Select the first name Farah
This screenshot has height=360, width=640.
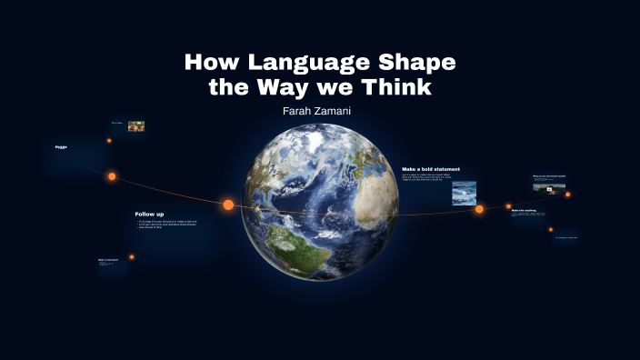[x=299, y=110]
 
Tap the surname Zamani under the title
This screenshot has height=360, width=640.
[x=335, y=110]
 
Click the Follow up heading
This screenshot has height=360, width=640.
[x=149, y=215]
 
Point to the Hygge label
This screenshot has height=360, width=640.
[x=61, y=146]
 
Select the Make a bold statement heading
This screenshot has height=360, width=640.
[x=431, y=169]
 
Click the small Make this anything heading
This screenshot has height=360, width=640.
[x=524, y=210]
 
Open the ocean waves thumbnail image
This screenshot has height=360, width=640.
[x=465, y=192]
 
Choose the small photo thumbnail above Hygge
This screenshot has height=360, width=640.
[x=136, y=126]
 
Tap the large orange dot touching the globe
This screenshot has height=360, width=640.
[x=228, y=205]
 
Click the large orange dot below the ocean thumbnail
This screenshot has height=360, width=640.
[x=479, y=209]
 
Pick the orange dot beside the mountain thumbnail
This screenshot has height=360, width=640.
[x=568, y=194]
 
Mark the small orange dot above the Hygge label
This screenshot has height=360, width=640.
[x=109, y=141]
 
